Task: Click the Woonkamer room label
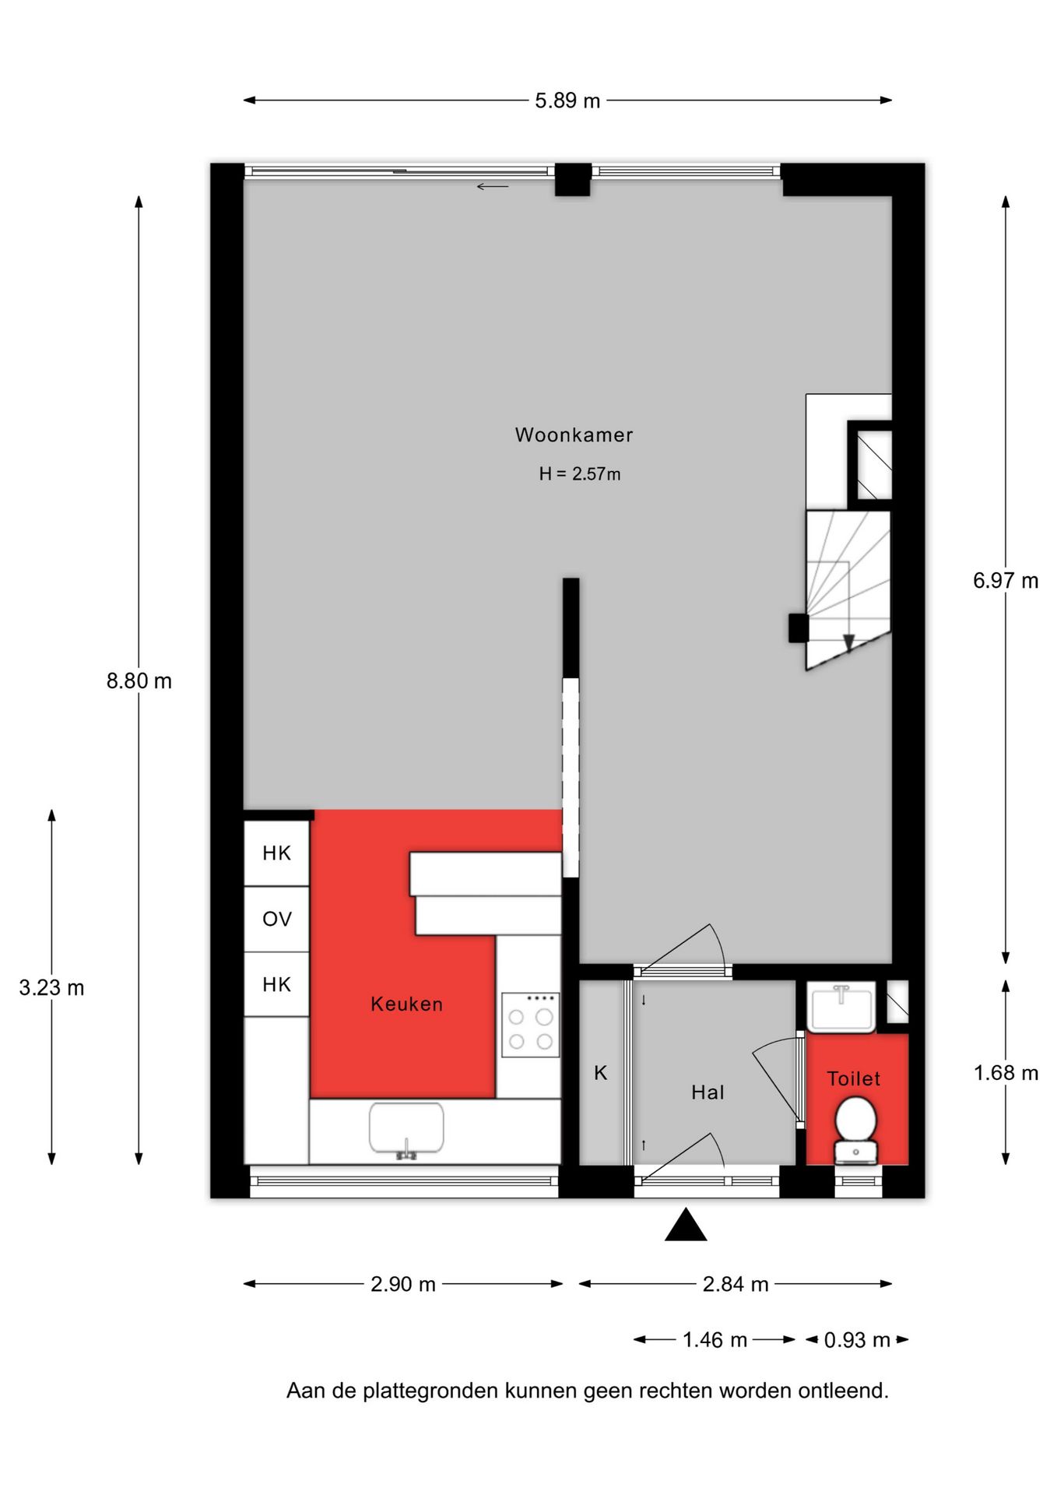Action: [574, 434]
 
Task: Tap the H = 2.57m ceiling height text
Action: [579, 473]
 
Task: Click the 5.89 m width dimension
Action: [567, 100]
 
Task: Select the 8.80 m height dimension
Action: [139, 681]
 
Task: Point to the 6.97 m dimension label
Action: [1005, 580]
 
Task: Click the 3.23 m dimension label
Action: [51, 987]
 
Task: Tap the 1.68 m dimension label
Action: [1005, 1072]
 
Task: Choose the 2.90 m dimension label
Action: [402, 1284]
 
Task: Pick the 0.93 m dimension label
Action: [856, 1340]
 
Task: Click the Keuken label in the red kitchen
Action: [406, 1004]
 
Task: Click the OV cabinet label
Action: [277, 919]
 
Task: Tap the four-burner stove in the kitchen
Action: [530, 1025]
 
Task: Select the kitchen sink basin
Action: [406, 1127]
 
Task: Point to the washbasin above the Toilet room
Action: [841, 1008]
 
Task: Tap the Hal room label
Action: [708, 1092]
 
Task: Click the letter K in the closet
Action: [600, 1073]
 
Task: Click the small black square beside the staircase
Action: [799, 628]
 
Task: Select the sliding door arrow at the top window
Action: [492, 186]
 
